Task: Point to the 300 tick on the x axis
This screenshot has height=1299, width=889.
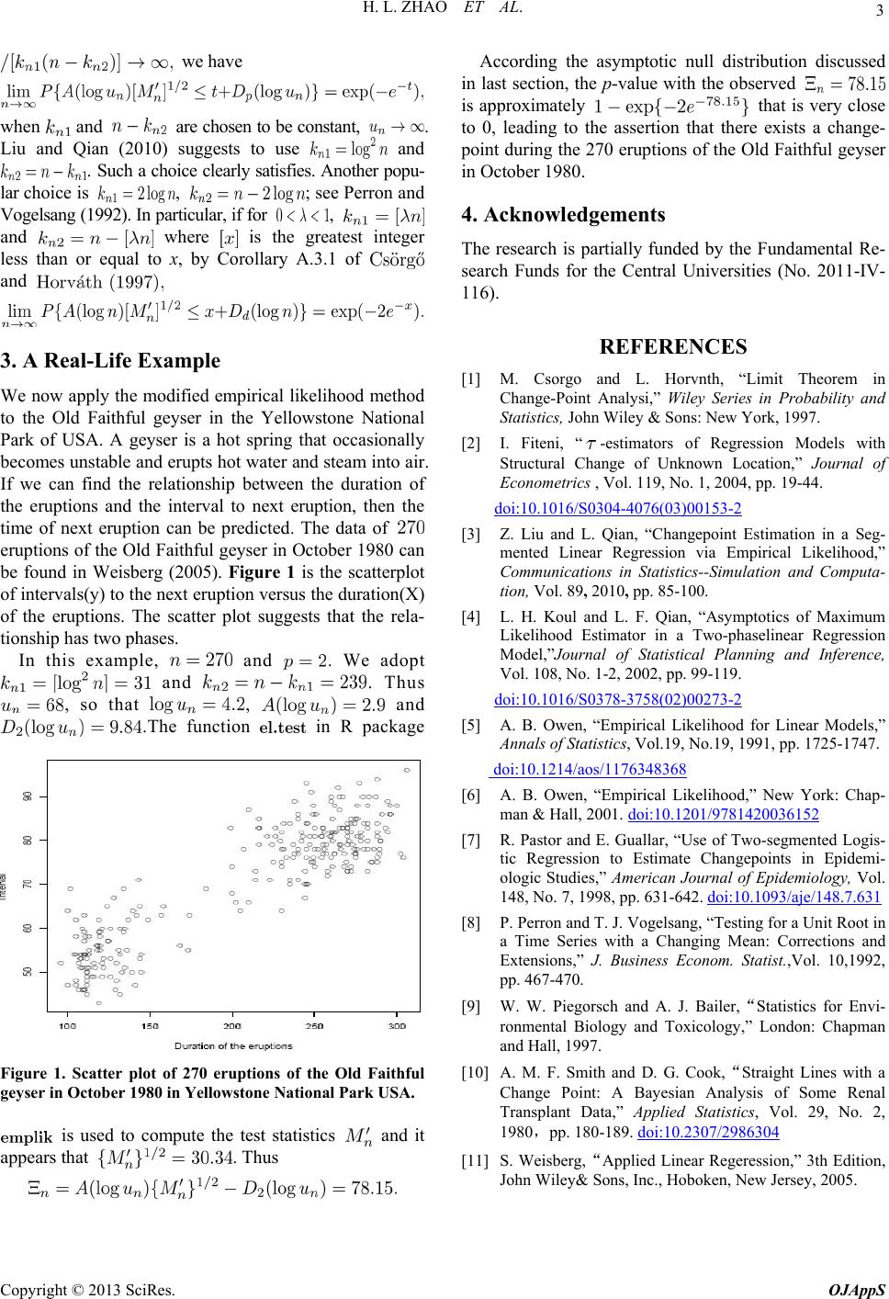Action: (x=397, y=1023)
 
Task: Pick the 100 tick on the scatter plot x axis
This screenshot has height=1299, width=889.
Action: (x=68, y=1023)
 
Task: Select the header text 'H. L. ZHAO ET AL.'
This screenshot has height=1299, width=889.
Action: (x=444, y=12)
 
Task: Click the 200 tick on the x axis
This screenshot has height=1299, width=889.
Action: (x=232, y=1023)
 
